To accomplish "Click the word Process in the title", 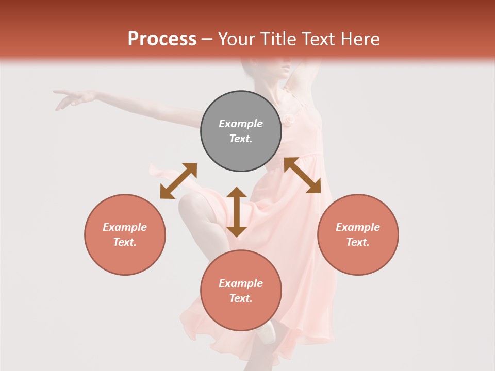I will pyautogui.click(x=162, y=39).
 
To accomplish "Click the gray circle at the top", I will pyautogui.click(x=241, y=131).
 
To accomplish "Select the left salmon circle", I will pyautogui.click(x=125, y=234).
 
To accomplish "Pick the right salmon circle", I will pyautogui.click(x=358, y=234).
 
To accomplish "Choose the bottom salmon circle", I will pyautogui.click(x=241, y=291).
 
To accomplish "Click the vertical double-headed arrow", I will pyautogui.click(x=237, y=212).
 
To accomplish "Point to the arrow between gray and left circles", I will pyautogui.click(x=178, y=181).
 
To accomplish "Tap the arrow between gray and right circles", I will pyautogui.click(x=302, y=175).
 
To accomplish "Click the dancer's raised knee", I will pyautogui.click(x=189, y=206).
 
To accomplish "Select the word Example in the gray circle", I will pyautogui.click(x=241, y=124).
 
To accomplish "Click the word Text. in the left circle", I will pyautogui.click(x=125, y=242).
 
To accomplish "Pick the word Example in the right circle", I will pyautogui.click(x=358, y=227).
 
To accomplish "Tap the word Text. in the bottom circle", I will pyautogui.click(x=241, y=298).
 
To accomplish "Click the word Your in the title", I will pyautogui.click(x=235, y=39).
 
